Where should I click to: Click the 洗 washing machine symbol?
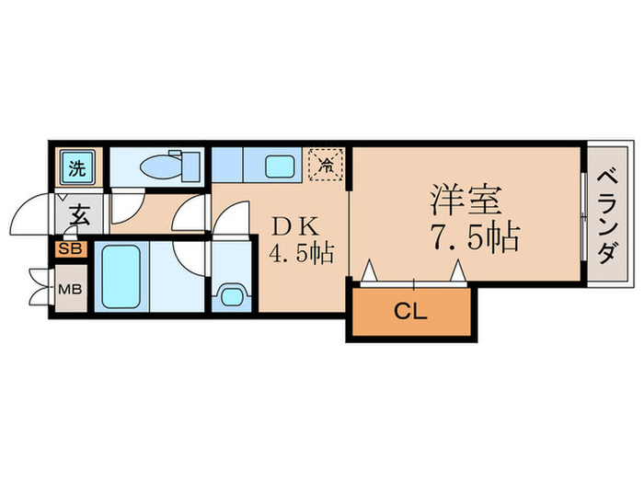(x=77, y=167)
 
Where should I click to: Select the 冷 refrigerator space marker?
(x=326, y=165)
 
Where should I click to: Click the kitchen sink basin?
(x=280, y=166)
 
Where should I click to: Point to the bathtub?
(x=121, y=276)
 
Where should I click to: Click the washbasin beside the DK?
(x=232, y=295)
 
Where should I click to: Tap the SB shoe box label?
(x=71, y=249)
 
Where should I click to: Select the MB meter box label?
(x=70, y=289)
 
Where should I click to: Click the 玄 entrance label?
(x=80, y=214)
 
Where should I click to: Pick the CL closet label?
(x=410, y=312)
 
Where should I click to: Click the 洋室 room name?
(x=466, y=200)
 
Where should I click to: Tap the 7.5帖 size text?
(x=476, y=237)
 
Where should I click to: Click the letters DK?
(x=295, y=226)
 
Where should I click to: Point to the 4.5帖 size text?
(x=301, y=252)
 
